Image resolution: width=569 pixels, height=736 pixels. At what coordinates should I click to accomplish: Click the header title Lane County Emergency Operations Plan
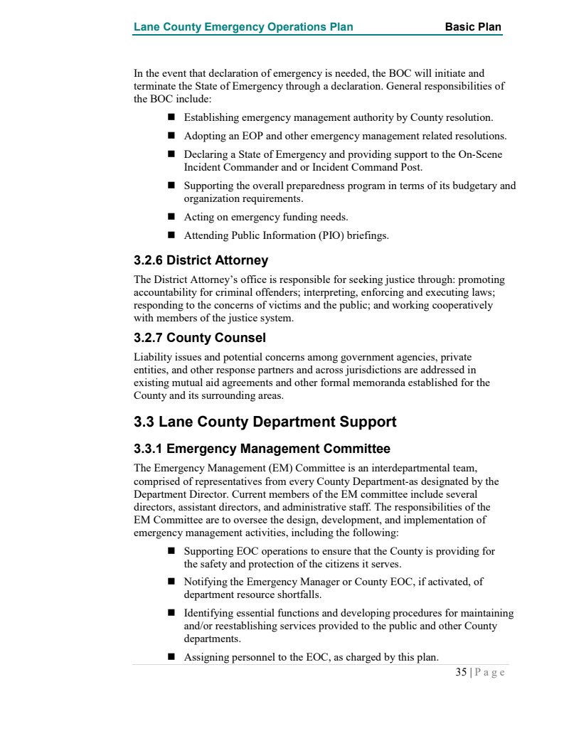[243, 28]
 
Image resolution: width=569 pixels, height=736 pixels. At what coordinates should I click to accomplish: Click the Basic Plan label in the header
[473, 28]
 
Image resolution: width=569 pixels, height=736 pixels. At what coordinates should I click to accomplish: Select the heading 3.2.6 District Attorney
[201, 260]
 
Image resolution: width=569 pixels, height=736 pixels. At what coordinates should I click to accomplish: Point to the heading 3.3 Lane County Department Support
[265, 422]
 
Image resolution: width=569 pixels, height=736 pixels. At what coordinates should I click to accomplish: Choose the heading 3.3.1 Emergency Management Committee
[262, 449]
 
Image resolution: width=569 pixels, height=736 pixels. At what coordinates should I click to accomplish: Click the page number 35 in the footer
[462, 672]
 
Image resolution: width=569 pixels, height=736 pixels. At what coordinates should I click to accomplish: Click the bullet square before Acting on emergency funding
[171, 217]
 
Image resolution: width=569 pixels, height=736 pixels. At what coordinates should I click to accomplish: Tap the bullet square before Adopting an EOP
[171, 135]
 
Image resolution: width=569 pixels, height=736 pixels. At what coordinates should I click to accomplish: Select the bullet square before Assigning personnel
[171, 657]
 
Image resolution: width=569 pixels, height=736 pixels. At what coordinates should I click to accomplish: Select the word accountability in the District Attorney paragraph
[164, 292]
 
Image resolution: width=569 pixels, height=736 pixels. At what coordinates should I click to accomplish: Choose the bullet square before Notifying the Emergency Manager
[171, 581]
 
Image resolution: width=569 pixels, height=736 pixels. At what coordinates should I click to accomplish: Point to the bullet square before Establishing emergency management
[171, 117]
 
